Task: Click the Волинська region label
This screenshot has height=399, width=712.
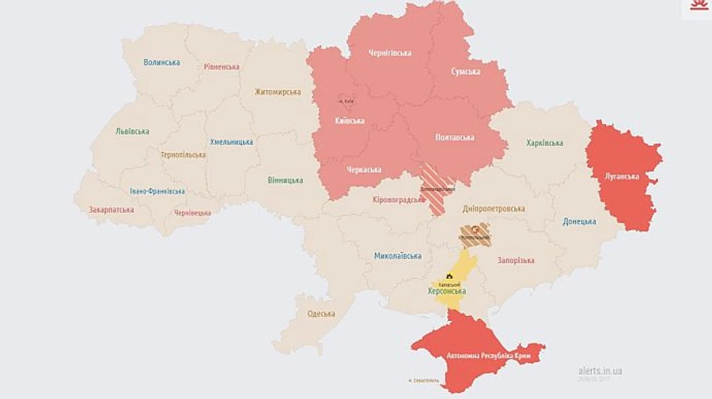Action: click(x=161, y=62)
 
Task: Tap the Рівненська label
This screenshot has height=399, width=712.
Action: click(x=222, y=67)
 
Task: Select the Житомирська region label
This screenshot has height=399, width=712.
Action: click(x=278, y=92)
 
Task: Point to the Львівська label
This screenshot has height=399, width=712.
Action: click(x=132, y=131)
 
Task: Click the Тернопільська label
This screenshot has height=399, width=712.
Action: click(x=183, y=155)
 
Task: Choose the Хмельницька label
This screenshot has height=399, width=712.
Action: click(x=232, y=142)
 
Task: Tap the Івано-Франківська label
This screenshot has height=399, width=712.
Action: click(x=157, y=191)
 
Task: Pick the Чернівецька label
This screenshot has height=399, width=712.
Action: click(x=192, y=213)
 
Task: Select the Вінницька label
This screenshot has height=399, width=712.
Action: click(x=285, y=180)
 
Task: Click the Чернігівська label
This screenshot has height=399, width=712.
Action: click(x=390, y=53)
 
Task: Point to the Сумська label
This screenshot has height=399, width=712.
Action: click(x=466, y=72)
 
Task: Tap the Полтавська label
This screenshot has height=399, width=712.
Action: click(x=455, y=137)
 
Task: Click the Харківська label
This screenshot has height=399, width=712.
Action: click(x=545, y=143)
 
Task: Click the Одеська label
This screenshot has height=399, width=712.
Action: click(x=321, y=314)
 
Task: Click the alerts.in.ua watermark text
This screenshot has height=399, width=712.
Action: click(x=600, y=371)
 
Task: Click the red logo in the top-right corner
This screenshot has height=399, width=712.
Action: click(x=696, y=9)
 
